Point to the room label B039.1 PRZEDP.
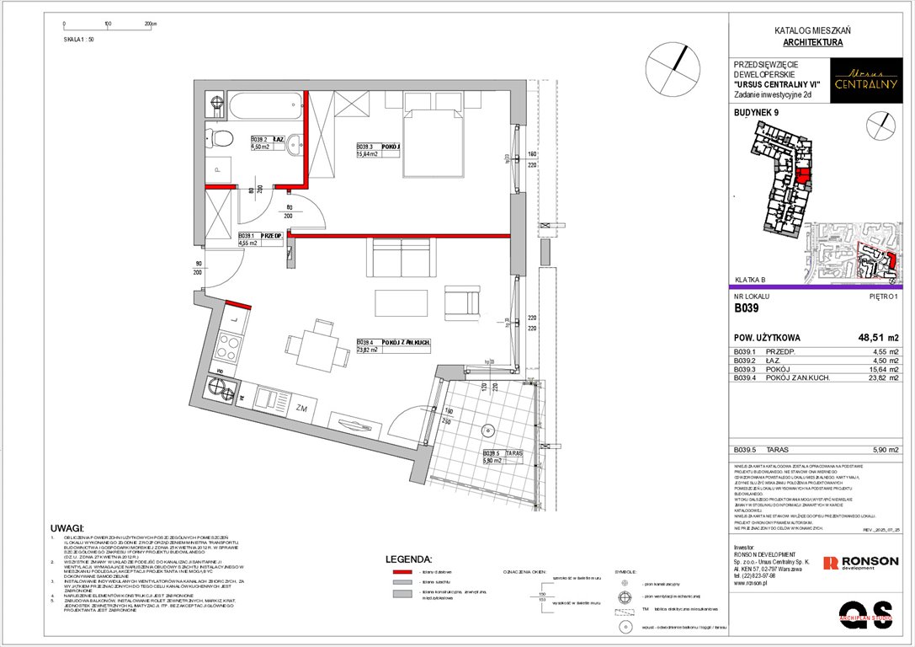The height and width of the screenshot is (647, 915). click(260, 237)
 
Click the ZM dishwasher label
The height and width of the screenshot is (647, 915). click(301, 408)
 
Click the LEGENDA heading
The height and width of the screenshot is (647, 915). click(408, 559)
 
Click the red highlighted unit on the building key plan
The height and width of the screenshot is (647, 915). click(804, 176)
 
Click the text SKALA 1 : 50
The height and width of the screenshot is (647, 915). click(79, 39)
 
